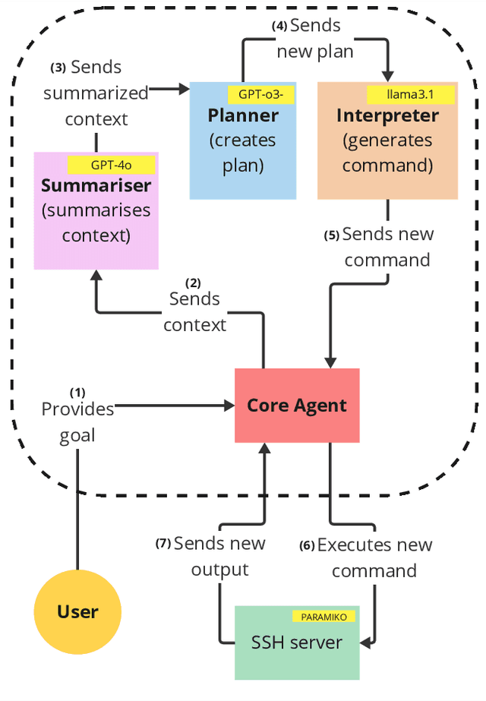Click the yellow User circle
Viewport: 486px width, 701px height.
77,611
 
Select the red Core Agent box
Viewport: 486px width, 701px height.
297,405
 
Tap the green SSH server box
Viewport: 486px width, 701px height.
297,643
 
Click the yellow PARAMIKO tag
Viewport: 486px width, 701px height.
323,617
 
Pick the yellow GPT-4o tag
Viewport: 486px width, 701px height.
112,165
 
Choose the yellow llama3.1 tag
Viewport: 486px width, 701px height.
410,95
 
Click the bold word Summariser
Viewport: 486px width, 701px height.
96,185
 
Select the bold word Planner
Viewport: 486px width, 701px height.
243,115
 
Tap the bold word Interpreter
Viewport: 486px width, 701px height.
387,115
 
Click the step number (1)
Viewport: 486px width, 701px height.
77,393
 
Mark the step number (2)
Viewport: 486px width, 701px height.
194,283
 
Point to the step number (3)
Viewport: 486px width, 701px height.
58,68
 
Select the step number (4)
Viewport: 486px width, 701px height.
280,26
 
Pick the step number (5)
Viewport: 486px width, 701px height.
332,235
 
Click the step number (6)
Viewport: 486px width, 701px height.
307,545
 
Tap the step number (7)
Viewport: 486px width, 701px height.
163,544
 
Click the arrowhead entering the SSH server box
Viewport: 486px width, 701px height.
365,643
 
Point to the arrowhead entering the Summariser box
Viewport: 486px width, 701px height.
96,276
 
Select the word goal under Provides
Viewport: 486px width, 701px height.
77,435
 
